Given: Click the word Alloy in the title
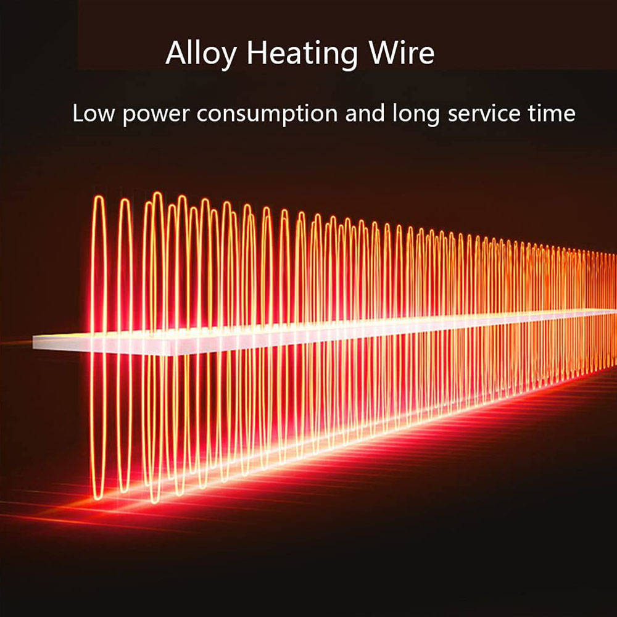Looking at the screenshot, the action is point(201,54).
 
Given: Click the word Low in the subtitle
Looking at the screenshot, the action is point(94,114).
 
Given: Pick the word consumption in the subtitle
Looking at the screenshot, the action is point(267,115).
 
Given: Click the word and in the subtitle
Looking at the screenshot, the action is point(365,114).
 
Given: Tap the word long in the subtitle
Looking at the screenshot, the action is point(415,115).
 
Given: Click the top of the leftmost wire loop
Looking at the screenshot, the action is point(99,197).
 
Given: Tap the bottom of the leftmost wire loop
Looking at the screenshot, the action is point(98,498).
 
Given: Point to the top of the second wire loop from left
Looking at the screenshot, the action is point(125,200).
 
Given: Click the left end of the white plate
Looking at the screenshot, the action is point(34,342).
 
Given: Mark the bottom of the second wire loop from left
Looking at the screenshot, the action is point(124,491).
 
